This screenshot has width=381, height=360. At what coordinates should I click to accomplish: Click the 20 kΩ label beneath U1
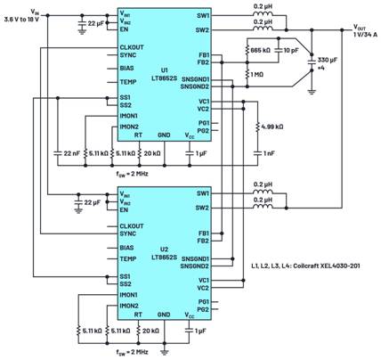(153, 153)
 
